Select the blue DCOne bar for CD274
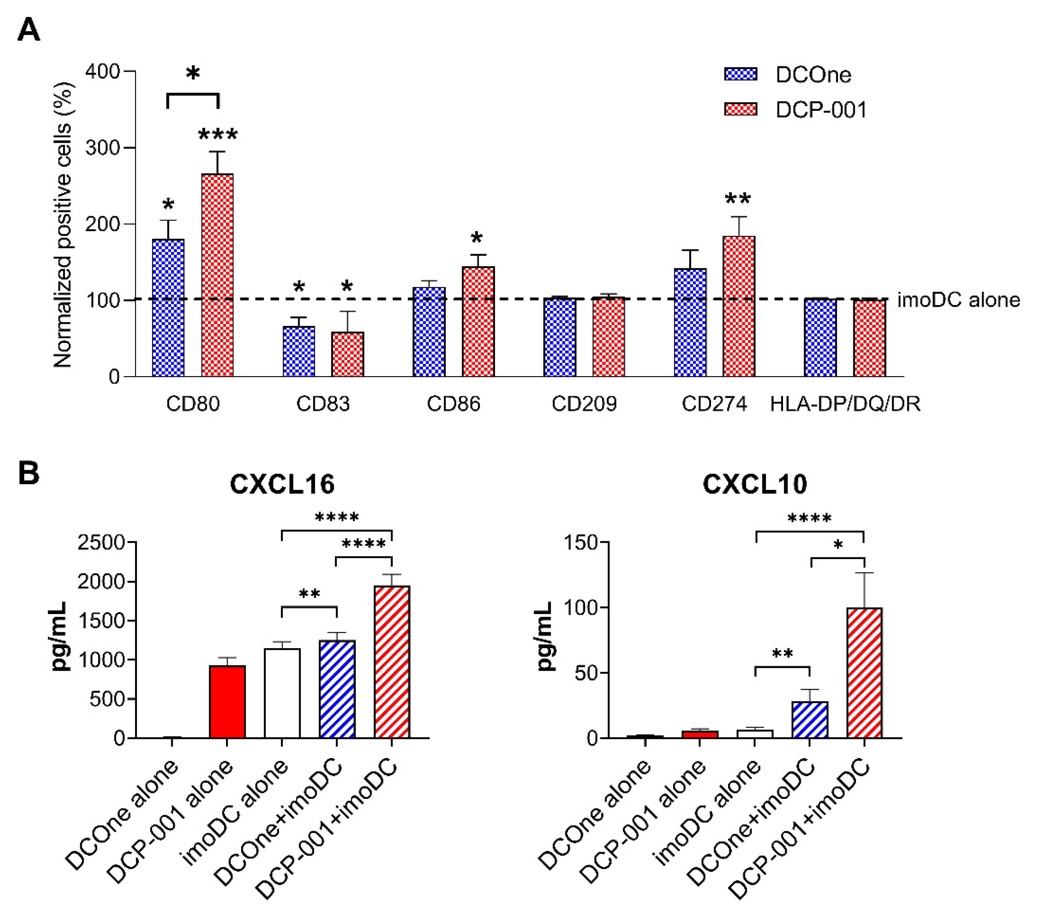point(690,323)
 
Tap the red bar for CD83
point(348,354)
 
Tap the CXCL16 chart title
point(282,484)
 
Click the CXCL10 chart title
point(754,484)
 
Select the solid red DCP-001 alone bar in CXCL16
point(227,701)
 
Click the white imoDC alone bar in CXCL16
point(282,693)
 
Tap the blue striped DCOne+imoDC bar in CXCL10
point(809,719)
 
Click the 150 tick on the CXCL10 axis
point(581,542)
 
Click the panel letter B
point(29,473)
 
